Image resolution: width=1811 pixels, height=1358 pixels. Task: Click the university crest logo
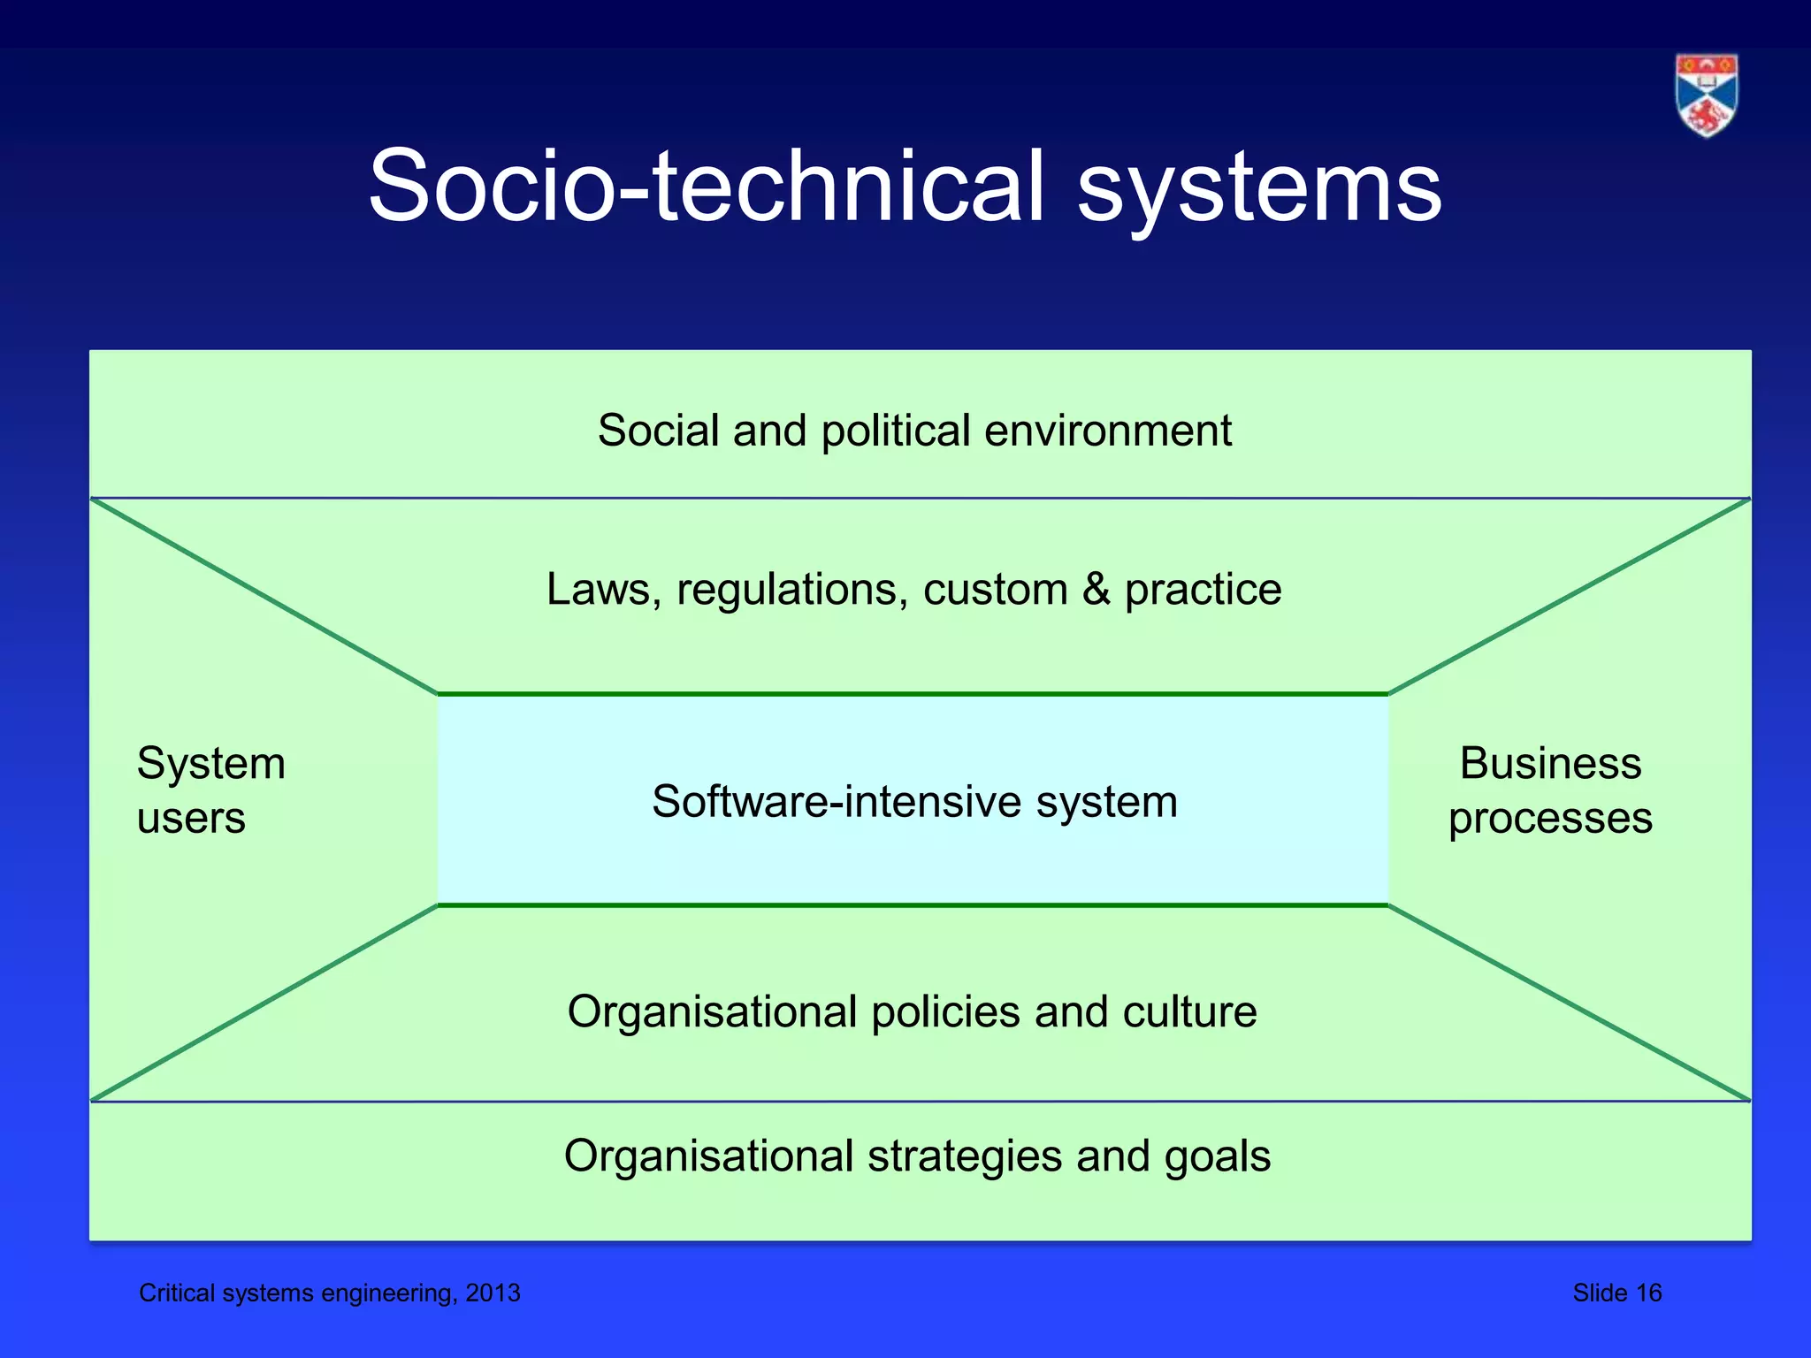(x=1706, y=95)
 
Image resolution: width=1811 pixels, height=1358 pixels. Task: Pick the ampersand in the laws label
(x=1096, y=590)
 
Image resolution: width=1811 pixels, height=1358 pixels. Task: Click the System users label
(x=211, y=790)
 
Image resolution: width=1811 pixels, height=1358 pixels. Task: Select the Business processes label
(x=1550, y=790)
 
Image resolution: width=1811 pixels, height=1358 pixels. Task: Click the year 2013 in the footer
(x=493, y=1293)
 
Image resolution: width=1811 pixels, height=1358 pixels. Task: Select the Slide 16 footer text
(x=1616, y=1293)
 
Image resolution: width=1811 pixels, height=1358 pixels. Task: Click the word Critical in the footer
(x=177, y=1293)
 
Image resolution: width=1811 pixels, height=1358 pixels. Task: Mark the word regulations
(x=792, y=591)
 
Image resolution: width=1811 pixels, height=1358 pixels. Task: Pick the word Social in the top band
(x=658, y=431)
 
